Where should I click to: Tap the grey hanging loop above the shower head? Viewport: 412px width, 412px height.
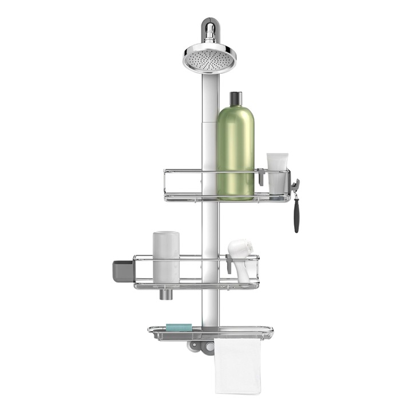[209, 26]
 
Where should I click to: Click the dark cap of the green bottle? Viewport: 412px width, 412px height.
[236, 98]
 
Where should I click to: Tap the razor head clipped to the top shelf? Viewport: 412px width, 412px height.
[295, 186]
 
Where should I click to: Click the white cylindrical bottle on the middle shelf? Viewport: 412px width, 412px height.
[166, 257]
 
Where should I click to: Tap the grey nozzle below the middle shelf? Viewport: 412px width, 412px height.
[166, 294]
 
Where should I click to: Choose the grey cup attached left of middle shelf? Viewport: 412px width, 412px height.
[122, 270]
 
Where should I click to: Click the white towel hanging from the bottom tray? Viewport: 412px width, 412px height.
[238, 366]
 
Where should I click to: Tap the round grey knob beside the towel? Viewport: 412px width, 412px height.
[209, 347]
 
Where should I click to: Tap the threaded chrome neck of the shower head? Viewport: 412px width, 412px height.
[209, 38]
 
